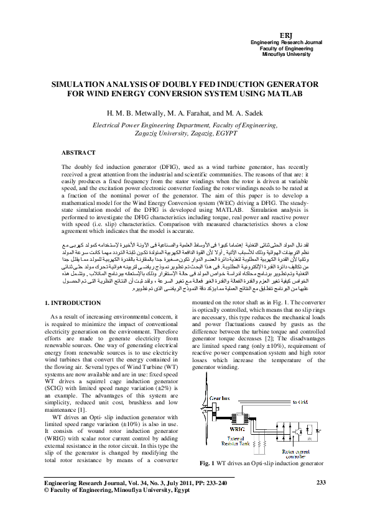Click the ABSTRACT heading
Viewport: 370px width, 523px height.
tap(78, 152)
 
